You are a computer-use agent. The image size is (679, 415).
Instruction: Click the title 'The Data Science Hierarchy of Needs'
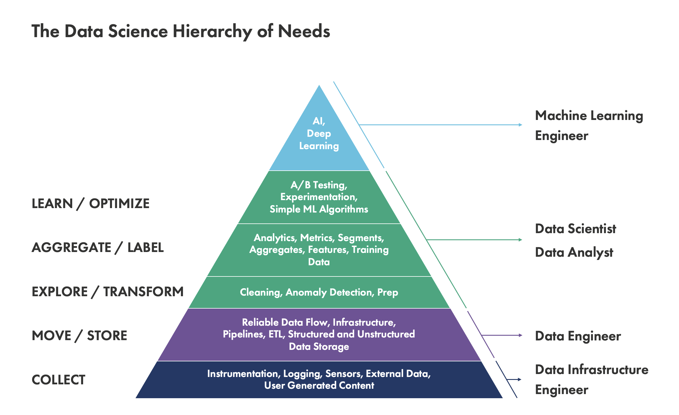coord(181,31)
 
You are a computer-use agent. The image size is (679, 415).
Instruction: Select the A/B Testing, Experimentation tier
coord(319,197)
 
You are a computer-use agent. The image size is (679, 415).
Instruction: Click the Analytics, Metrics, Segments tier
coord(319,250)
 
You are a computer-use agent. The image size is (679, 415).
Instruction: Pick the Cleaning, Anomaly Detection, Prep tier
coord(319,292)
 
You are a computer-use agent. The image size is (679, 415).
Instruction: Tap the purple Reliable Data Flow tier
coord(319,334)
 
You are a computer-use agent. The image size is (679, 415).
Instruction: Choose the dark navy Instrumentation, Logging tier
coord(319,380)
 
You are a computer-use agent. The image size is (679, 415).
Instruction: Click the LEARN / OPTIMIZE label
coord(90,204)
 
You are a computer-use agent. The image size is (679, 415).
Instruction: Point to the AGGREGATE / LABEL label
coord(98,248)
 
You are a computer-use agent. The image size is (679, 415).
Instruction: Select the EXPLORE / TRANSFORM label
coord(108,292)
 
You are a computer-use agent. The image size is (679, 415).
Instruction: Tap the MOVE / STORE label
coord(79,336)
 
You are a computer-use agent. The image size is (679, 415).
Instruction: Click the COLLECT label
coord(58,380)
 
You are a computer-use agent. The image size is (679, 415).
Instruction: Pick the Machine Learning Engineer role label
coord(589,126)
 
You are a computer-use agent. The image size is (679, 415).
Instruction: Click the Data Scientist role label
coord(575,229)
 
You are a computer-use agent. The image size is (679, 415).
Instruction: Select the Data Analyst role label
coord(574,253)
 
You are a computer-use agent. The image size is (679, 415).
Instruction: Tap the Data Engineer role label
coord(578,336)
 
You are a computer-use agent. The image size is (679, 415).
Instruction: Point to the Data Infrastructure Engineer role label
coord(591,380)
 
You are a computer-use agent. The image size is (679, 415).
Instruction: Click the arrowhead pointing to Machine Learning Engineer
coord(520,125)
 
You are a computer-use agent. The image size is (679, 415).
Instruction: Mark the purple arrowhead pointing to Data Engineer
coord(520,335)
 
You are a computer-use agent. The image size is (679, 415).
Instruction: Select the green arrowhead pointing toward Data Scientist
coord(520,240)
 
